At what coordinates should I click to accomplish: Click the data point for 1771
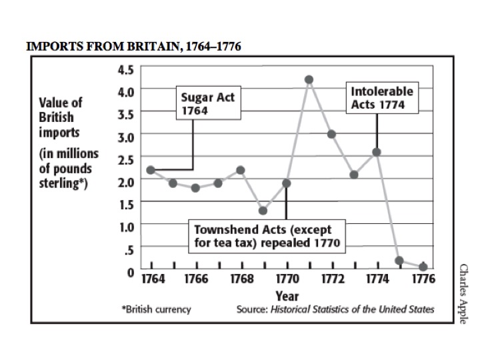point(309,80)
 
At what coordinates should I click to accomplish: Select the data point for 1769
point(263,211)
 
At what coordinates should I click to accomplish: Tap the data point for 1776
point(423,267)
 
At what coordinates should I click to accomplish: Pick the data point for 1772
point(331,134)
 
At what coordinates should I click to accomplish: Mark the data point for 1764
point(151,170)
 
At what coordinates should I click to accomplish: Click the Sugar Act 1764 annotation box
point(207,105)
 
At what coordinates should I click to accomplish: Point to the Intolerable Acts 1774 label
point(383,97)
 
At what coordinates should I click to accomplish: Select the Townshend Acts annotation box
point(267,236)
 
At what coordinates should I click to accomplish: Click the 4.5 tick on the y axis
point(126,68)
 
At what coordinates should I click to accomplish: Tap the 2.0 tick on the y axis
point(126,181)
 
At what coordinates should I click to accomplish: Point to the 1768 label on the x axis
point(241,279)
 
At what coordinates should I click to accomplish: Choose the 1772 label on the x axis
point(332,279)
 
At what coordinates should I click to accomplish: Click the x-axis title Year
point(287,295)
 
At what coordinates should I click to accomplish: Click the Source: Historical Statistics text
point(335,310)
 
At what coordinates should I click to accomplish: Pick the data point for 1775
point(399,261)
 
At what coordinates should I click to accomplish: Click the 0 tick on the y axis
point(131,272)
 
